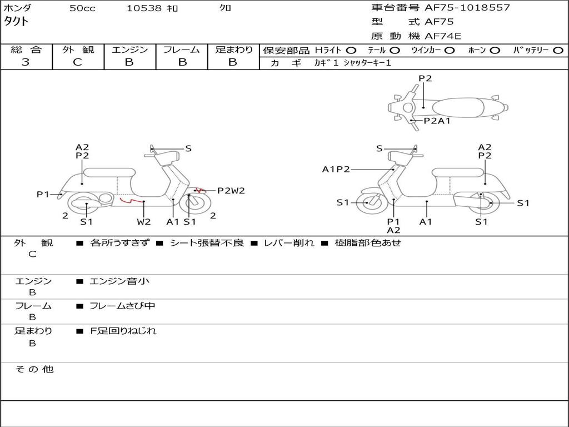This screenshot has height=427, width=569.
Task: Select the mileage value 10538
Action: click(144, 8)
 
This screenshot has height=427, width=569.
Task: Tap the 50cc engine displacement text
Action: click(82, 8)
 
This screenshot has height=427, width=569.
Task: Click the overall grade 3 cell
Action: click(26, 62)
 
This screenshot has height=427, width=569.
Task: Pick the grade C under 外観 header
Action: click(77, 62)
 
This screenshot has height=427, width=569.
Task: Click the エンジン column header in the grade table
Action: click(129, 49)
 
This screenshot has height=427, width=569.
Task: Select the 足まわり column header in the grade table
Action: click(233, 49)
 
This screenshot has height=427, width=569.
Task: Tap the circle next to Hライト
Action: click(351, 50)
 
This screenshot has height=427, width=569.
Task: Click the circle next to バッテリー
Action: click(558, 50)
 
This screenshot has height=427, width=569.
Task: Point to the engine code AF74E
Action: click(443, 36)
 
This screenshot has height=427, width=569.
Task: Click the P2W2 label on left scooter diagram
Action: click(231, 191)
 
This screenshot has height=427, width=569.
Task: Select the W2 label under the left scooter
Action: click(143, 222)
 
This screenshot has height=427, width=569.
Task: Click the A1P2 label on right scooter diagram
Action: click(336, 169)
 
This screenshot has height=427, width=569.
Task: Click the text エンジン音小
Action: click(119, 281)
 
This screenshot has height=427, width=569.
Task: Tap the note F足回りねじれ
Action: click(123, 331)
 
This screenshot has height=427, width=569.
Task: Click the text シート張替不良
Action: click(207, 243)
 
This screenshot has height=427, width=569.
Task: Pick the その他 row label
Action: click(34, 369)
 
